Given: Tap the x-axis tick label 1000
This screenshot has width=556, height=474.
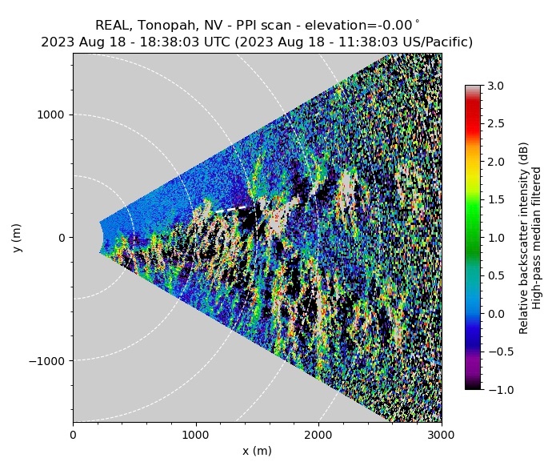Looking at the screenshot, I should coord(195,435).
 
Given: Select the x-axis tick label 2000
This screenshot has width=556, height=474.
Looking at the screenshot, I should coord(318,435).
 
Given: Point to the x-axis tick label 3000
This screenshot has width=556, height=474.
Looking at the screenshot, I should coord(441,435).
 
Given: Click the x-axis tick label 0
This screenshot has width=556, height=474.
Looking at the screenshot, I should coord(73,435).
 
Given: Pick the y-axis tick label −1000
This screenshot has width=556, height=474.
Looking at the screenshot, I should coord(50,360).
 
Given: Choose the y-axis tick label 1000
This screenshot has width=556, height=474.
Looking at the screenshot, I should coord(54,114).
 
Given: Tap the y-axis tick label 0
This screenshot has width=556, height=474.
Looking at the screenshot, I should coord(62,238).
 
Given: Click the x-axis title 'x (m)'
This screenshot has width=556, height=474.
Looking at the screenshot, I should coord(257,451).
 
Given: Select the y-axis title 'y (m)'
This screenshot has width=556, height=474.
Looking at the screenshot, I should coord(18,238).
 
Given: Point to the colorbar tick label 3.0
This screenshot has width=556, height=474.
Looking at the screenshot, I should coord(496,86).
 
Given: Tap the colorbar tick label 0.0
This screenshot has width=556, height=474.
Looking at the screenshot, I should coord(496,313).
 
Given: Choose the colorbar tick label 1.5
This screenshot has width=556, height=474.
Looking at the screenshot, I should coord(496,199).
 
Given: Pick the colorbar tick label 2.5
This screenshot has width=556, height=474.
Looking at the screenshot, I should coord(496,123).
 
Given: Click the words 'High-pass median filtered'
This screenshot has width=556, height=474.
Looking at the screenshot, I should coord(538,238).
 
